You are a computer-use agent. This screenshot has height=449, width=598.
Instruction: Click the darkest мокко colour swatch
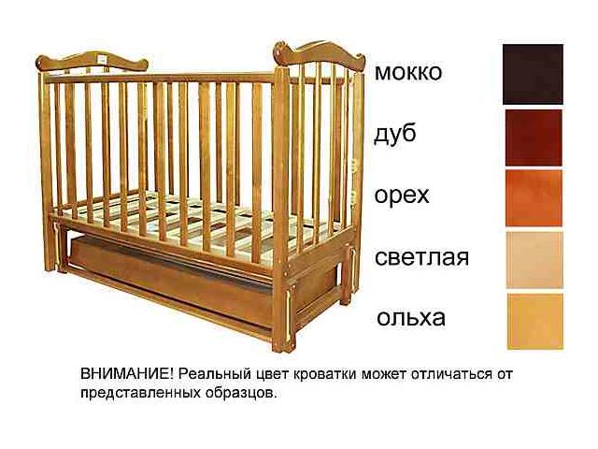[x=533, y=74]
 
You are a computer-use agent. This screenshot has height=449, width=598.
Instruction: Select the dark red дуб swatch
[x=534, y=138]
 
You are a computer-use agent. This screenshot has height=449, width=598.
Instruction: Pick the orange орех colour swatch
[x=534, y=197]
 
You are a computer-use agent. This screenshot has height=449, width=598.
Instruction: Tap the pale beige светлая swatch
[x=534, y=260]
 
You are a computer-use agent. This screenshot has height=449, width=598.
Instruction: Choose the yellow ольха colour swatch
[x=535, y=321]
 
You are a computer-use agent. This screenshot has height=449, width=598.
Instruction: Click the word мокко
[x=408, y=72]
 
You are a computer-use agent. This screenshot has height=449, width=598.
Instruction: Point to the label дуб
[x=394, y=134]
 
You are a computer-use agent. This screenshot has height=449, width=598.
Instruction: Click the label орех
[x=402, y=196]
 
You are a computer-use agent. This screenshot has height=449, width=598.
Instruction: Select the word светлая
[x=421, y=257]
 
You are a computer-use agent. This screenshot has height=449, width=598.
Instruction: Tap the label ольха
[x=411, y=318]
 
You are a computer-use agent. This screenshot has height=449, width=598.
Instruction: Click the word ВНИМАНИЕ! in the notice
[x=127, y=373]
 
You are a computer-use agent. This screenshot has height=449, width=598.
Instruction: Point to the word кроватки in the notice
[x=324, y=374]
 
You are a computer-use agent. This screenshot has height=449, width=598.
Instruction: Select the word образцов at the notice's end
[x=240, y=393]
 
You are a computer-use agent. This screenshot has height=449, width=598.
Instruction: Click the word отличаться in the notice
[x=451, y=373]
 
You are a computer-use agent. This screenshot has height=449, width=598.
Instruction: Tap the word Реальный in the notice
[x=216, y=374]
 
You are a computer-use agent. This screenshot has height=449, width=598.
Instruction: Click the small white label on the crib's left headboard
[x=102, y=59]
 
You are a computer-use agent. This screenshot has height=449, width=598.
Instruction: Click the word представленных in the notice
[x=141, y=393]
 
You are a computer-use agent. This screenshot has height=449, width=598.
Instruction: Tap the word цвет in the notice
[x=274, y=374]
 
